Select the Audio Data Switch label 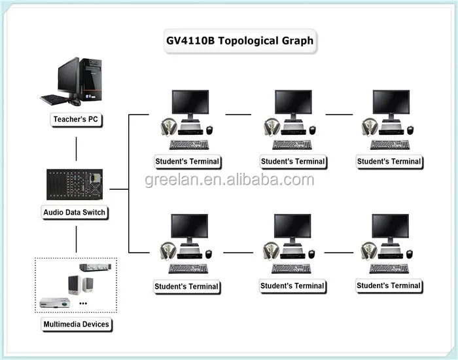coord(75,212)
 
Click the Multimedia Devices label coord(77,324)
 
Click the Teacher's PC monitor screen coord(67,77)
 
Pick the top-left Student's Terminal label coord(187,161)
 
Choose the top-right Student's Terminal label coord(389,161)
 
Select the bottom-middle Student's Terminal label coord(292,286)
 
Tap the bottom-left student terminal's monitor coord(190,226)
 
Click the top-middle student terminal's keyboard coord(292,145)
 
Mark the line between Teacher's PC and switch coord(77,149)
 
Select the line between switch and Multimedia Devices coord(77,239)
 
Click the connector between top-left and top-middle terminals coord(239,115)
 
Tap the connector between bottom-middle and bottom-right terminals coord(339,252)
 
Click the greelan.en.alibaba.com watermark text coord(230,179)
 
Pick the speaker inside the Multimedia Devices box coord(75,285)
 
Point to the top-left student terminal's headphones coord(167,126)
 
